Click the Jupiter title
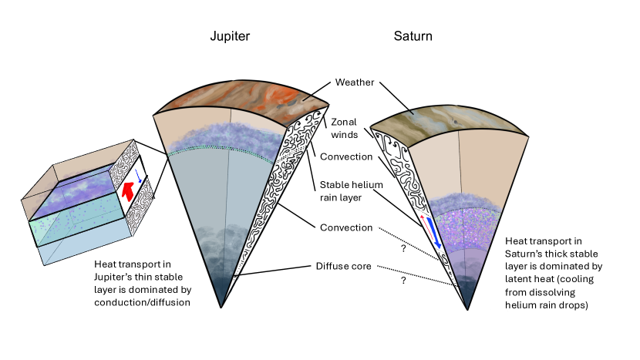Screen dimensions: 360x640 (230, 36)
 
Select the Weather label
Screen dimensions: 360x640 (355, 82)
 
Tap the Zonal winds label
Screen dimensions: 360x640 (345, 127)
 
